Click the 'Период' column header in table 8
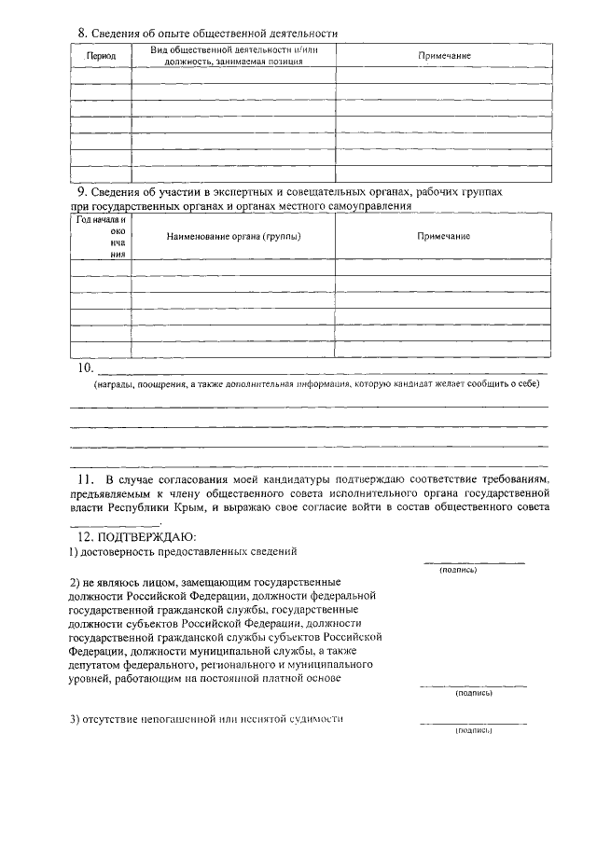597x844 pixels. (101, 56)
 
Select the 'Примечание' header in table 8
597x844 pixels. (443, 56)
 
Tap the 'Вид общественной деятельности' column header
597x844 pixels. (233, 55)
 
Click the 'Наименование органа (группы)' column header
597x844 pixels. (233, 236)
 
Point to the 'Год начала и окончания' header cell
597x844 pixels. (101, 236)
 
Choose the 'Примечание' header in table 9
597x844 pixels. (443, 236)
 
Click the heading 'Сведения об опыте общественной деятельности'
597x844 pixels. (215, 34)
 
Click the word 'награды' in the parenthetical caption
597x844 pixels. (115, 384)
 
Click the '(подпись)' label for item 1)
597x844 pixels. (457, 570)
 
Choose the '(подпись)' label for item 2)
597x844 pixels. (473, 693)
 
